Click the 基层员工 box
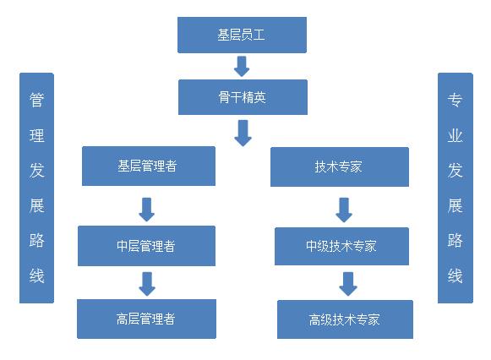[242, 35]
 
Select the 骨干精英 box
[243, 97]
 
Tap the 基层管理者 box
[149, 166]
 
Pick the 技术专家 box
[340, 166]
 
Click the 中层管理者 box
[146, 246]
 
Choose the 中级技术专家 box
[341, 246]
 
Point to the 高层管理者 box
[146, 319]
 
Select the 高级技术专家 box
[345, 319]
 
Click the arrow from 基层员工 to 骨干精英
[242, 67]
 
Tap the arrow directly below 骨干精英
[243, 133]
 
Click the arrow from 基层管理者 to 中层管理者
[146, 210]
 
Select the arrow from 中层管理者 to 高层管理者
[147, 284]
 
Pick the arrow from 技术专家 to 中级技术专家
[344, 210]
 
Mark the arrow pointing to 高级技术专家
[348, 284]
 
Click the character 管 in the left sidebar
[36, 101]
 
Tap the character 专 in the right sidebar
[455, 101]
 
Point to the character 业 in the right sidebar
[455, 135]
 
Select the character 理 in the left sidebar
[36, 135]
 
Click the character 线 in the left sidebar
[36, 275]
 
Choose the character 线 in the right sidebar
[455, 275]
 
